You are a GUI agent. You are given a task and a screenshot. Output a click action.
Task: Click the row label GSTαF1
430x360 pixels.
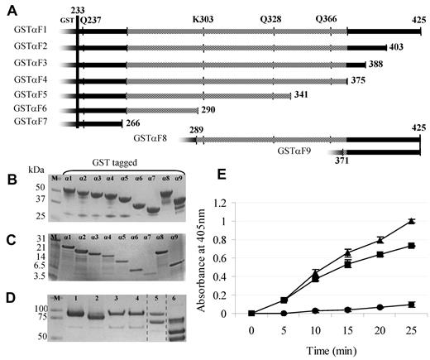30,30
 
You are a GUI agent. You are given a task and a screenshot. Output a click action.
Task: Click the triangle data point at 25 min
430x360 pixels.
411,221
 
